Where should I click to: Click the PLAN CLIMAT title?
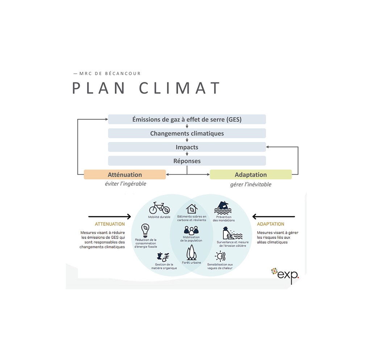pos(146,88)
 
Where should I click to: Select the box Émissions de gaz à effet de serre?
pos(187,120)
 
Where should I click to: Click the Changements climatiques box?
pos(187,133)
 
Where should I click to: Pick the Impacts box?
pos(187,147)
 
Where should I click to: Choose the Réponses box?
pos(187,161)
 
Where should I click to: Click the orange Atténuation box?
pos(125,175)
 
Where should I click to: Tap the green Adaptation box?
pos(250,175)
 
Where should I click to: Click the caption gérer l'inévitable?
pos(250,184)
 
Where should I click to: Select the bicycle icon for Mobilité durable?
pos(159,208)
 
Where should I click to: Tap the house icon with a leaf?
pos(192,209)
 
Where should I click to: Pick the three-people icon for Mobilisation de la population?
pos(191,230)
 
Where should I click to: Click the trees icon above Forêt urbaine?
pos(191,252)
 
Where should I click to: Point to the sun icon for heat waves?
pos(220,256)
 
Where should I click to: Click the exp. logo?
pos(285,274)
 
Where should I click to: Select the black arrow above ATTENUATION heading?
pos(109,217)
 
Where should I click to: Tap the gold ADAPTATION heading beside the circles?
pos(271,224)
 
